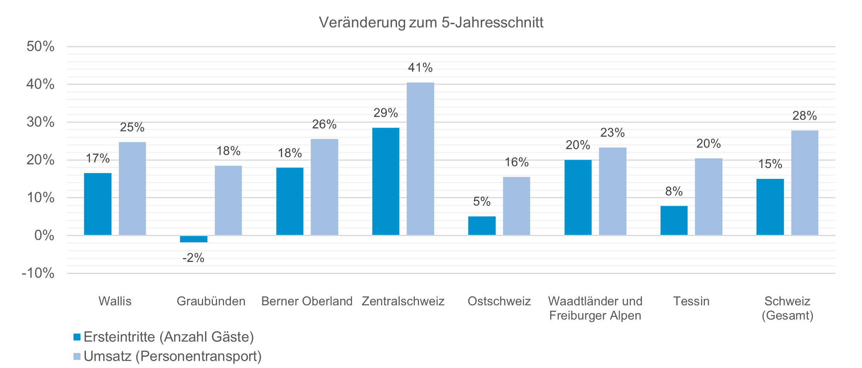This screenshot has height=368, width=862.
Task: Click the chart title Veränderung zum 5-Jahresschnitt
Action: click(x=431, y=22)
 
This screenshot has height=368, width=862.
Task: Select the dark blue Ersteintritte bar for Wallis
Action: click(x=97, y=204)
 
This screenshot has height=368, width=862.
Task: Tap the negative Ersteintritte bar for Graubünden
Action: click(x=193, y=239)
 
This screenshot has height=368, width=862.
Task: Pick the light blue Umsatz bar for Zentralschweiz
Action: click(x=420, y=159)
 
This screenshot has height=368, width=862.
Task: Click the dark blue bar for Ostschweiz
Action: click(x=482, y=226)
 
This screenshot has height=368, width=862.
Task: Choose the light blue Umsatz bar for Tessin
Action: click(x=708, y=197)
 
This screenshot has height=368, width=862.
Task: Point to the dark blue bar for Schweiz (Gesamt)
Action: click(x=770, y=207)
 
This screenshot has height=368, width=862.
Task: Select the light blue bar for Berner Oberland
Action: click(x=324, y=187)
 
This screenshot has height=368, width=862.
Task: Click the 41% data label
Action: click(x=420, y=68)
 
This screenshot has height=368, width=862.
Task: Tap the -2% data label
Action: click(x=193, y=258)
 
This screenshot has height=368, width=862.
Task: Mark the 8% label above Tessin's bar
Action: click(x=674, y=191)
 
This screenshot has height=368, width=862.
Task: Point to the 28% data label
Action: click(x=805, y=116)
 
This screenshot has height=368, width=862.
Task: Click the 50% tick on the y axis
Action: click(x=40, y=46)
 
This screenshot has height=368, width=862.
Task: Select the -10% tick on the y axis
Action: click(x=38, y=273)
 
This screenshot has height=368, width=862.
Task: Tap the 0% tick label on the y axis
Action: click(x=44, y=235)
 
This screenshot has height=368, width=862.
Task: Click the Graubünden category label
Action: click(x=211, y=301)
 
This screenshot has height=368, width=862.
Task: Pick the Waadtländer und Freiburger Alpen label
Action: click(x=595, y=308)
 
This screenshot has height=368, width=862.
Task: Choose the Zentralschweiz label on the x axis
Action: click(x=403, y=301)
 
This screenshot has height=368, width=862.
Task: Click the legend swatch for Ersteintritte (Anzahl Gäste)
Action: click(x=77, y=337)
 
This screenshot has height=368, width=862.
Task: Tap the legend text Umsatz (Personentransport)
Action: click(x=173, y=356)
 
